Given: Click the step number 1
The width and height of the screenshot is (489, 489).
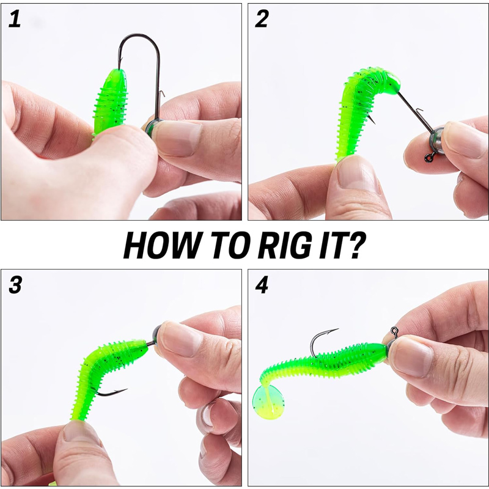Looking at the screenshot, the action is click(x=14, y=19).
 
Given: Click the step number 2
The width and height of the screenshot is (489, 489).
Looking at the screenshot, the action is click(x=262, y=19).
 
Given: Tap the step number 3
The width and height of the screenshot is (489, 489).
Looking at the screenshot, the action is click(x=15, y=285).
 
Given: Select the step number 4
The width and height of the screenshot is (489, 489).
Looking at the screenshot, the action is click(x=262, y=285).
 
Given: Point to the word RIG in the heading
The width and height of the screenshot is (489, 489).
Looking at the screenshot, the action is click(x=284, y=245).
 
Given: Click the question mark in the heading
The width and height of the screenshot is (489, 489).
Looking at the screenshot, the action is click(x=355, y=245).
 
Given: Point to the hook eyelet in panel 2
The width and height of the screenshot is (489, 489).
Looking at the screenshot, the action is click(x=430, y=158).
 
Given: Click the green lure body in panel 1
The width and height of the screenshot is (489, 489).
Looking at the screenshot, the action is click(x=111, y=102).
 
